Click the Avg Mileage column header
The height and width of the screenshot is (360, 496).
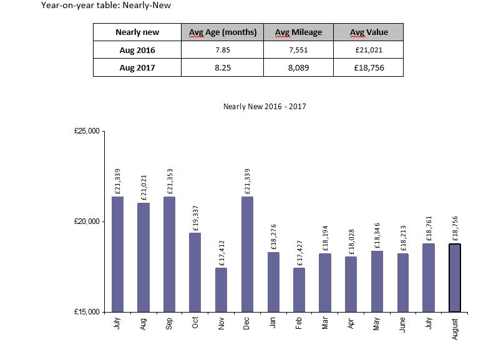(x=298, y=32)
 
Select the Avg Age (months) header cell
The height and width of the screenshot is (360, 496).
(x=223, y=32)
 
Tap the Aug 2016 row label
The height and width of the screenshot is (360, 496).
(x=137, y=50)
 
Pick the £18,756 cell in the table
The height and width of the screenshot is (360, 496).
(x=368, y=67)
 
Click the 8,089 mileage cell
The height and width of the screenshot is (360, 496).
(x=298, y=67)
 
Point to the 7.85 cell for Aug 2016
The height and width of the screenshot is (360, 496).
(x=223, y=50)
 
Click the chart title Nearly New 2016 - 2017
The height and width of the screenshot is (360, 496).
(x=265, y=107)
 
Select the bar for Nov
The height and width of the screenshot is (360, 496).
(x=221, y=289)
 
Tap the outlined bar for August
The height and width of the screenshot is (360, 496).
(x=455, y=278)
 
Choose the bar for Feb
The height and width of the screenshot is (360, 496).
(x=299, y=289)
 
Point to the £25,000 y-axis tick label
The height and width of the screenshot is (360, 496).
(x=86, y=132)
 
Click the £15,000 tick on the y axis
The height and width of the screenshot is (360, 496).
(x=86, y=312)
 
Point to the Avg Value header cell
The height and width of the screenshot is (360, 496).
(x=368, y=32)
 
